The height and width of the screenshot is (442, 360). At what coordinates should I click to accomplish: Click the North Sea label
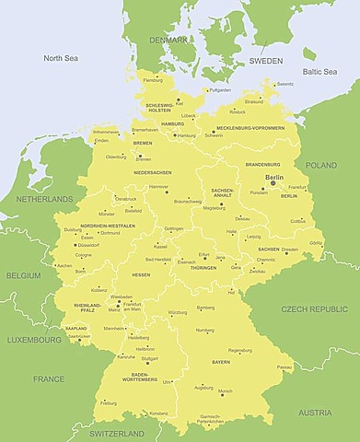point(63,58)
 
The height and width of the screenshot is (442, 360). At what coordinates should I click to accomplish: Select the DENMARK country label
point(169,40)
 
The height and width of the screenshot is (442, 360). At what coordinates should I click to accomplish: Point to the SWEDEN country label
point(265,61)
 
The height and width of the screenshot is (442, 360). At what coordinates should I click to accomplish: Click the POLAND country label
point(321,165)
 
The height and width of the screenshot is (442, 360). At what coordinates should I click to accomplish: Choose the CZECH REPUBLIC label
point(313,308)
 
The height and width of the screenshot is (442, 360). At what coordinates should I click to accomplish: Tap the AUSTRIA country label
point(315,413)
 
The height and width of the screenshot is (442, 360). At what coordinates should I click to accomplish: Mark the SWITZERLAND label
point(117,433)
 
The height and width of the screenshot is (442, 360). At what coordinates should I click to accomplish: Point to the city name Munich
point(225,391)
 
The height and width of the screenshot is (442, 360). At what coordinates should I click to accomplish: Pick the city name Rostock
point(238,112)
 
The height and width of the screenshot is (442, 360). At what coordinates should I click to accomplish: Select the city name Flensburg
point(154,80)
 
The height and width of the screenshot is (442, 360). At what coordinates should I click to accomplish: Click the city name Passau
point(285,366)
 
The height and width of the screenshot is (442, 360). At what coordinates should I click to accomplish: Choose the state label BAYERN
point(221,363)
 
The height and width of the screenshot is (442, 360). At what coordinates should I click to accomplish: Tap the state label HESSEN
point(141,274)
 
